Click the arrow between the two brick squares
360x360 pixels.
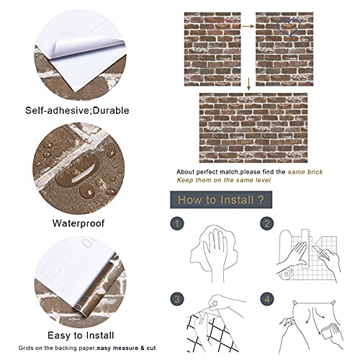pyautogui.click(x=246, y=27)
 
